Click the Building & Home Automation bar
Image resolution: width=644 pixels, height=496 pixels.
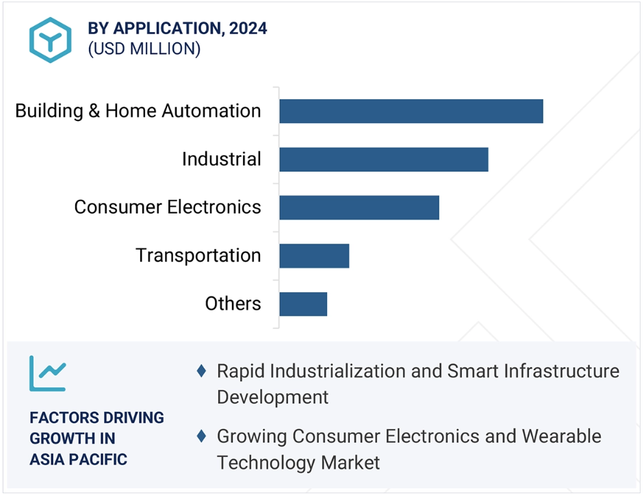[411, 112]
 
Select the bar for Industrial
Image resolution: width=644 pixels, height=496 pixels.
[384, 159]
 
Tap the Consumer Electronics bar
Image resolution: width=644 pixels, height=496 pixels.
[359, 208]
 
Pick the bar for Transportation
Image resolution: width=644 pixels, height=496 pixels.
[314, 257]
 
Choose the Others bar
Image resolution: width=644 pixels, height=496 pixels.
[303, 304]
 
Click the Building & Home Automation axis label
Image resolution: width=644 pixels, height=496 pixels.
[138, 112]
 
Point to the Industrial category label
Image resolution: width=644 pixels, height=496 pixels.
[221, 159]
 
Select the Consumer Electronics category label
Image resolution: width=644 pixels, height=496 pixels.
[168, 207]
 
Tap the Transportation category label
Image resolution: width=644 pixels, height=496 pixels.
[198, 256]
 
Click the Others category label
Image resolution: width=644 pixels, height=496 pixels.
[233, 304]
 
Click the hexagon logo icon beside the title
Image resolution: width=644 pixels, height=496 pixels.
[51, 40]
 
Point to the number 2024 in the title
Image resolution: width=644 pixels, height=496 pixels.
[248, 28]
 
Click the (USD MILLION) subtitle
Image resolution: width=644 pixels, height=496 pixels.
[144, 49]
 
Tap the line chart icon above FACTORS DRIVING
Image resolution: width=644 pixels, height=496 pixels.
[48, 374]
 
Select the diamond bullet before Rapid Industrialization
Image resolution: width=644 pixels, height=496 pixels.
[201, 371]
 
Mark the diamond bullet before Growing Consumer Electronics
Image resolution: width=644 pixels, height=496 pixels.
[201, 436]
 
